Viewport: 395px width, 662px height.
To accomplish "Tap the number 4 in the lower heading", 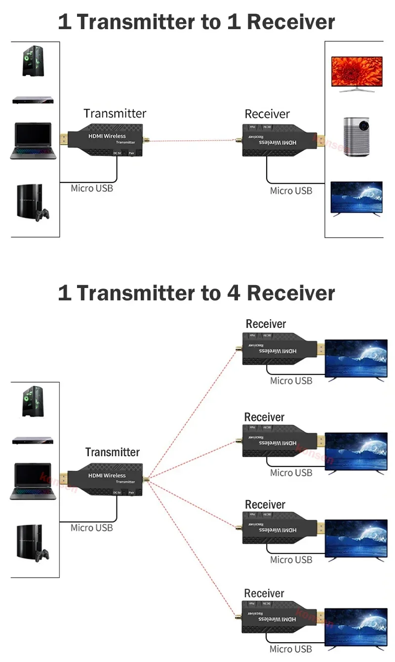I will point(234,293).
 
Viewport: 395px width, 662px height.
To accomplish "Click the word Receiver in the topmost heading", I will point(291,22).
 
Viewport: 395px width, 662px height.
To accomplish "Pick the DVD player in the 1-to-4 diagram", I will point(33,440).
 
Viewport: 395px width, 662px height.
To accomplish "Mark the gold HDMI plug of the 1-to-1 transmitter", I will point(64,139).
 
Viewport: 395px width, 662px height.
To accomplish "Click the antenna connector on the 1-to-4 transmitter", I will point(145,478).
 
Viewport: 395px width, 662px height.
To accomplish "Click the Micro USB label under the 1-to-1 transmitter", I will point(92,188).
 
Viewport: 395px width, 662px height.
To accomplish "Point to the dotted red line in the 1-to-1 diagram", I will point(193,141).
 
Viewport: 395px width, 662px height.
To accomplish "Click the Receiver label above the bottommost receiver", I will point(264,593).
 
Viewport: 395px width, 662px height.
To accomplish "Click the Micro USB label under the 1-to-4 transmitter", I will point(91,528).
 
